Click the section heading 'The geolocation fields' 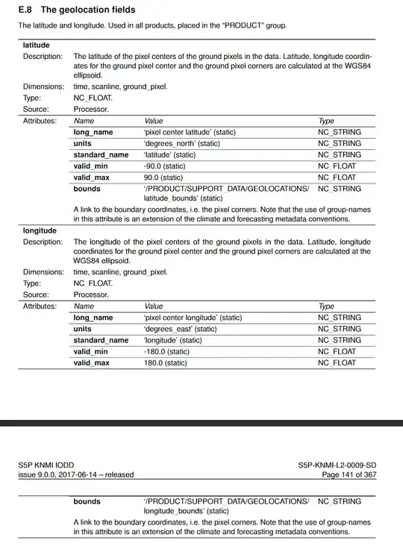pyautogui.click(x=88, y=10)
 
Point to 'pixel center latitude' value pyautogui.click(x=190, y=132)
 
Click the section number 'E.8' pyautogui.click(x=26, y=10)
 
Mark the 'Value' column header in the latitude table pyautogui.click(x=154, y=120)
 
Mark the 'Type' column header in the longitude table pyautogui.click(x=326, y=306)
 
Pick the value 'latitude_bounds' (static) pyautogui.click(x=183, y=198)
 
